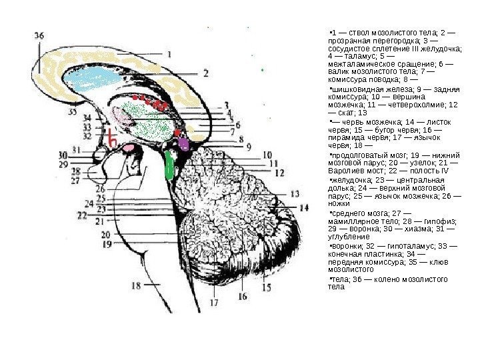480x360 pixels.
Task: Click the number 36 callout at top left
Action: (x=39, y=35)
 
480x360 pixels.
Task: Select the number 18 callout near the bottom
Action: (x=137, y=285)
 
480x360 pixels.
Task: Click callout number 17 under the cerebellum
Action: (x=214, y=301)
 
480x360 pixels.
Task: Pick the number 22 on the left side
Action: (x=83, y=216)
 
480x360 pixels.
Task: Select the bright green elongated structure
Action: (x=169, y=164)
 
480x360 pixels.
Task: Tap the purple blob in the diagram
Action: (x=183, y=144)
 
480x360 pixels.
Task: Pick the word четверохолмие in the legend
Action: (x=418, y=105)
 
